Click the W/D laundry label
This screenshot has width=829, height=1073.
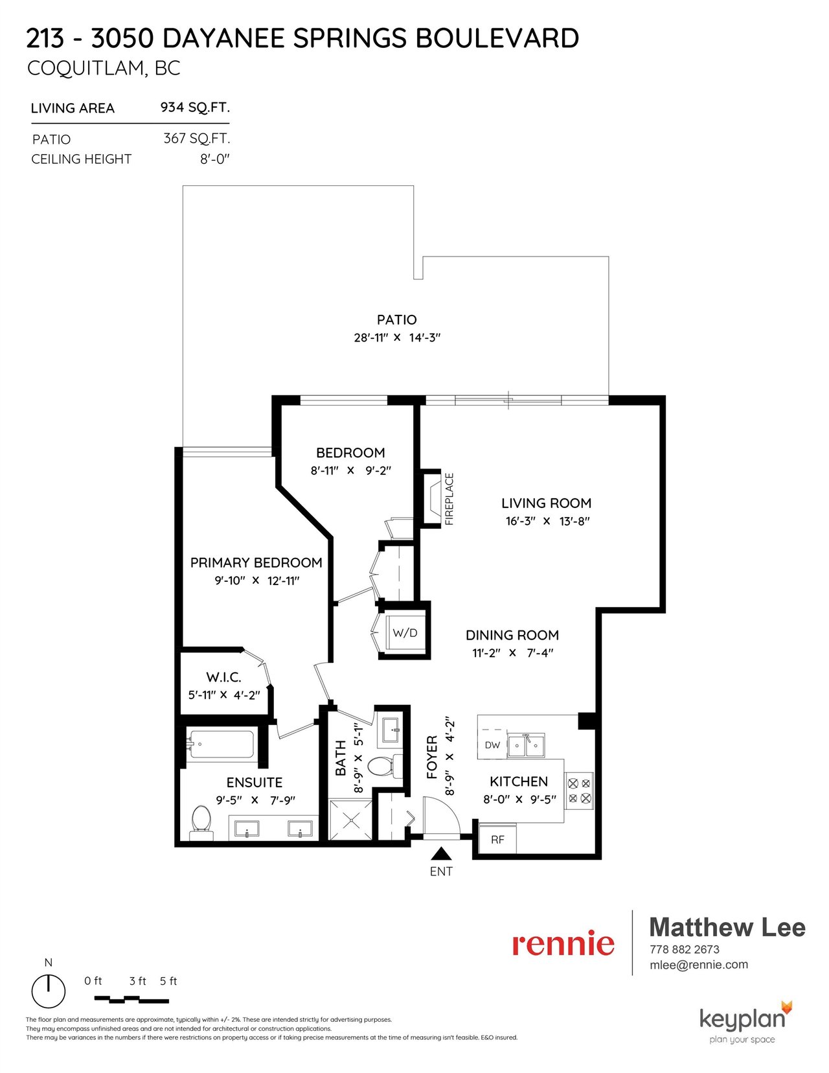pos(405,632)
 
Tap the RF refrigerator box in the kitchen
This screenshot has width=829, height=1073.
pos(497,840)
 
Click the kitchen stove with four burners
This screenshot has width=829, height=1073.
pos(579,790)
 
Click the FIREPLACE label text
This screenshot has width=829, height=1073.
pos(449,499)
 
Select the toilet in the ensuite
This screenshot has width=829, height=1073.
pos(201,823)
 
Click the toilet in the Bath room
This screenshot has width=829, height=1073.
pos(382,768)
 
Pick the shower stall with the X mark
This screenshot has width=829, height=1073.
pos(351,820)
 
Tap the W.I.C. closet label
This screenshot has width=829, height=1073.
pos(223,677)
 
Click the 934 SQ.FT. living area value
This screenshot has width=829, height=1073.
pos(195,107)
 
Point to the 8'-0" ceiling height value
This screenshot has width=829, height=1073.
pos(215,159)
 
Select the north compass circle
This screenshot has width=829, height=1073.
pos(49,991)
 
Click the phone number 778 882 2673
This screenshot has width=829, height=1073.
pos(685,949)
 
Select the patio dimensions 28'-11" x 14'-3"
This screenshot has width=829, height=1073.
pos(397,338)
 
